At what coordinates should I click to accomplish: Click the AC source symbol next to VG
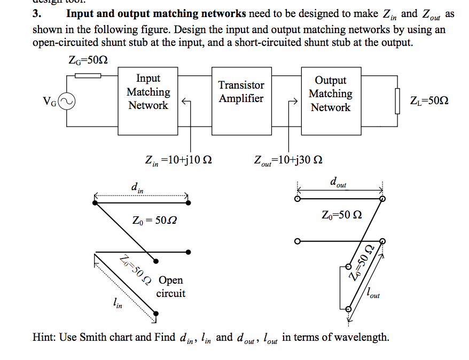point(67,100)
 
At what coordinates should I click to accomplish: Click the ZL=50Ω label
point(429,100)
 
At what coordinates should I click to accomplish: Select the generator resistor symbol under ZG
point(88,75)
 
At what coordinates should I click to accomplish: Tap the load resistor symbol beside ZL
point(397,101)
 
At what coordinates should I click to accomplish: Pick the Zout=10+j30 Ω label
point(288,160)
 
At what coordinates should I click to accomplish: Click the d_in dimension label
point(137,187)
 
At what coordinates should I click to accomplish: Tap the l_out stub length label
point(373,293)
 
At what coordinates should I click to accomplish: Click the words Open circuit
point(170,286)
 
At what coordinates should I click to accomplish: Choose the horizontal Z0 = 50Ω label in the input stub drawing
point(154,220)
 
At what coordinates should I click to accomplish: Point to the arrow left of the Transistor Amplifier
point(186,101)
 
